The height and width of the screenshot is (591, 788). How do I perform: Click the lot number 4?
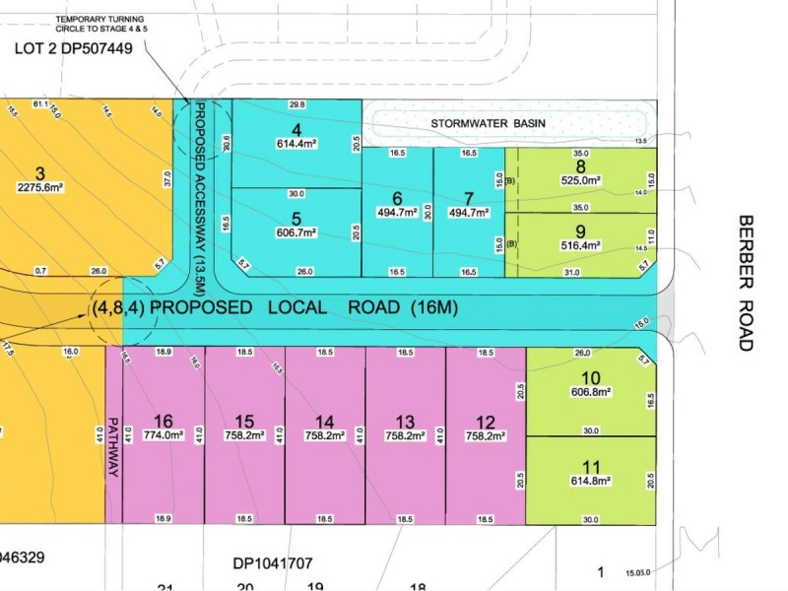296,128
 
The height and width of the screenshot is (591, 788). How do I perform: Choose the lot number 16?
164,419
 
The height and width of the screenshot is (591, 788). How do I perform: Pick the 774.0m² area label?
164,433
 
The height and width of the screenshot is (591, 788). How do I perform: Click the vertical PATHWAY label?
113,447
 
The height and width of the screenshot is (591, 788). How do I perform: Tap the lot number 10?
591,377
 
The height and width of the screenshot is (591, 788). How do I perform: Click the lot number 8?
580,166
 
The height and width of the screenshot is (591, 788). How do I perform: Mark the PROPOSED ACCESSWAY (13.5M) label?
200,191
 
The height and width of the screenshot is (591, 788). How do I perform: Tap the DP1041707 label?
273,564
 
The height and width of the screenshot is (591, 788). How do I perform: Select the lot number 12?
486,419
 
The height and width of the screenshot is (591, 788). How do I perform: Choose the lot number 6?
397,197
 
